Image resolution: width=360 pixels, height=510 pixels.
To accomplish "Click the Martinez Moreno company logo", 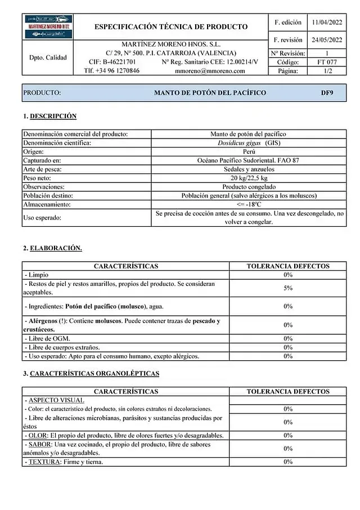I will [x=48, y=26].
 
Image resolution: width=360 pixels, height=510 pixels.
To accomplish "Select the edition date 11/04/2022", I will [x=327, y=23].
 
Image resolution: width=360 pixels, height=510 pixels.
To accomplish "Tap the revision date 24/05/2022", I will [x=327, y=40].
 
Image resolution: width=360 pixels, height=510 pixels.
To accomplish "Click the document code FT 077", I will [x=327, y=62].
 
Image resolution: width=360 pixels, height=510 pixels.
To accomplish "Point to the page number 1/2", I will [x=327, y=71].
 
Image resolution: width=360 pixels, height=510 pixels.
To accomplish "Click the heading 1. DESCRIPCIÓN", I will [x=49, y=116].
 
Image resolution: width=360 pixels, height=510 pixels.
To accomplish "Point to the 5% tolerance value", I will [x=288, y=288].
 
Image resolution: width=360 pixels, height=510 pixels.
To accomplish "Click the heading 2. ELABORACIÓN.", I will [x=52, y=248].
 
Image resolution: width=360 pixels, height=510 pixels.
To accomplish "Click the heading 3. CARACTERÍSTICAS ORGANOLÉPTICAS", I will [x=91, y=373].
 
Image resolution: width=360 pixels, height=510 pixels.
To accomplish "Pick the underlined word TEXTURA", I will [x=43, y=462].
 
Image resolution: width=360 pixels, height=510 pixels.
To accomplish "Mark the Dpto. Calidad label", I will [x=48, y=57].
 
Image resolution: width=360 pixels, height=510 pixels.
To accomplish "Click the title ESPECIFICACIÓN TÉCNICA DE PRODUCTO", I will [x=171, y=26].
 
